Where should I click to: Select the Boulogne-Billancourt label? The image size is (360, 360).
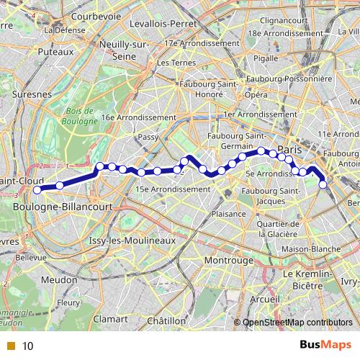point(63,207)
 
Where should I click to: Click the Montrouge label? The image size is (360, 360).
point(228,260)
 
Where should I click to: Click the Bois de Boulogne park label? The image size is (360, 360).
point(79,116)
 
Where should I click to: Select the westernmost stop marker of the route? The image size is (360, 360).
point(37,189)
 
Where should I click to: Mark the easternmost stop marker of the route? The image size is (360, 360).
point(323,185)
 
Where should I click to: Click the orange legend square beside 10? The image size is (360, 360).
point(12,346)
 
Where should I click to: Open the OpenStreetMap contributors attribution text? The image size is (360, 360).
point(299,323)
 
